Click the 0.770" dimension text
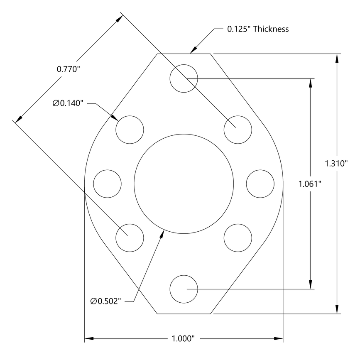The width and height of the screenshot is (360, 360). tap(68, 69)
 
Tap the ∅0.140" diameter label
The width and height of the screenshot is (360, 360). tap(69, 103)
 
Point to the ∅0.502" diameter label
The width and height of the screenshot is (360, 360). tap(105, 300)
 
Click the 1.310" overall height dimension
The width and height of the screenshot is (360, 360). tap(336, 163)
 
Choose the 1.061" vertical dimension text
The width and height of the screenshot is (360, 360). tap(310, 184)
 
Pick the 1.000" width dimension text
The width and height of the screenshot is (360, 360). tap(183, 338)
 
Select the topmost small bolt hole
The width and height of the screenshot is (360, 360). tap(184, 78)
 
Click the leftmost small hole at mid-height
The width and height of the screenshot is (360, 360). tap(107, 183)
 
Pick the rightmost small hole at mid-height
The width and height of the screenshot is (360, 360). tap(260, 183)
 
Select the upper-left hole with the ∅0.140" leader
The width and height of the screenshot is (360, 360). tap(130, 130)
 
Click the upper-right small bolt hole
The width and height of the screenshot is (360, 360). tap(238, 130)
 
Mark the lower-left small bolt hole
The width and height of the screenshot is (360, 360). tap(130, 237)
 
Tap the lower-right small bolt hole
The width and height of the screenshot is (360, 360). tap(238, 237)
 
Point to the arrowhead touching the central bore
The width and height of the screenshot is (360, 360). tap(162, 233)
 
